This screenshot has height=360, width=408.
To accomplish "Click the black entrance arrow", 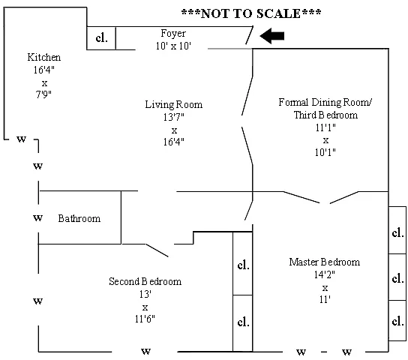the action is point(272,36).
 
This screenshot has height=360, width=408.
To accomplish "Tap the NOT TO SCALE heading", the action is point(251,13).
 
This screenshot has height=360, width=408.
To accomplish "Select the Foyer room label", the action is point(173,34).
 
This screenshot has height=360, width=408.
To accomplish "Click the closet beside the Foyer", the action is point(101,38).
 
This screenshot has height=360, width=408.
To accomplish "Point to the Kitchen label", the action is point(44,57).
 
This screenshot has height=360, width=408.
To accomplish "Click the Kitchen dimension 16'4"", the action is point(43,70).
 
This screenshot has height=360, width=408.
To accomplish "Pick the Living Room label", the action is point(173,104).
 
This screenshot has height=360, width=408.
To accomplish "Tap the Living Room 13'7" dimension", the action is point(173,117).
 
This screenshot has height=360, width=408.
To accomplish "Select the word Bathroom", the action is point(79,218).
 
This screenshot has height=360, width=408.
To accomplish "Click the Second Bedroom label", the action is point(145,281).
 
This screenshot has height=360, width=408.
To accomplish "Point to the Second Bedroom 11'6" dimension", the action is point(145,319).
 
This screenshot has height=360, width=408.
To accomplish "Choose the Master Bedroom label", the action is point(325,262).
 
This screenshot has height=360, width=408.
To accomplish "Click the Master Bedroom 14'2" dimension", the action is point(325,274).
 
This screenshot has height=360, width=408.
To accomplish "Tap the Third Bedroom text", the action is point(325,115).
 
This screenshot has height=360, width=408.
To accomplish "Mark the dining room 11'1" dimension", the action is point(325,127).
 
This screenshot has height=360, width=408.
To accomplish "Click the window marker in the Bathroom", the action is point(37,217).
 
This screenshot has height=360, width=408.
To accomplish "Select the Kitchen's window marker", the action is point(21,139).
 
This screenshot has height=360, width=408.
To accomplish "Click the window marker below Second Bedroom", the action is point(145,352).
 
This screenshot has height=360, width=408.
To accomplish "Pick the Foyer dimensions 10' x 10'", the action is point(173,46).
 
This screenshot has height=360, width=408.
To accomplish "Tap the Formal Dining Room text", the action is point(325,102).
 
